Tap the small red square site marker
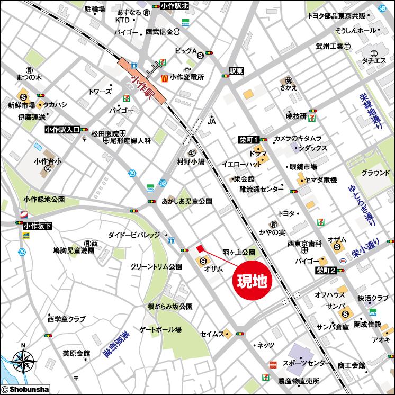click(200, 248)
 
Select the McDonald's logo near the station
click(164, 77)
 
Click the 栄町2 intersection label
click(325, 271)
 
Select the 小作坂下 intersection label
click(38, 226)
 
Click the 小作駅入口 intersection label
click(62, 129)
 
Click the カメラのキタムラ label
click(298, 138)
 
